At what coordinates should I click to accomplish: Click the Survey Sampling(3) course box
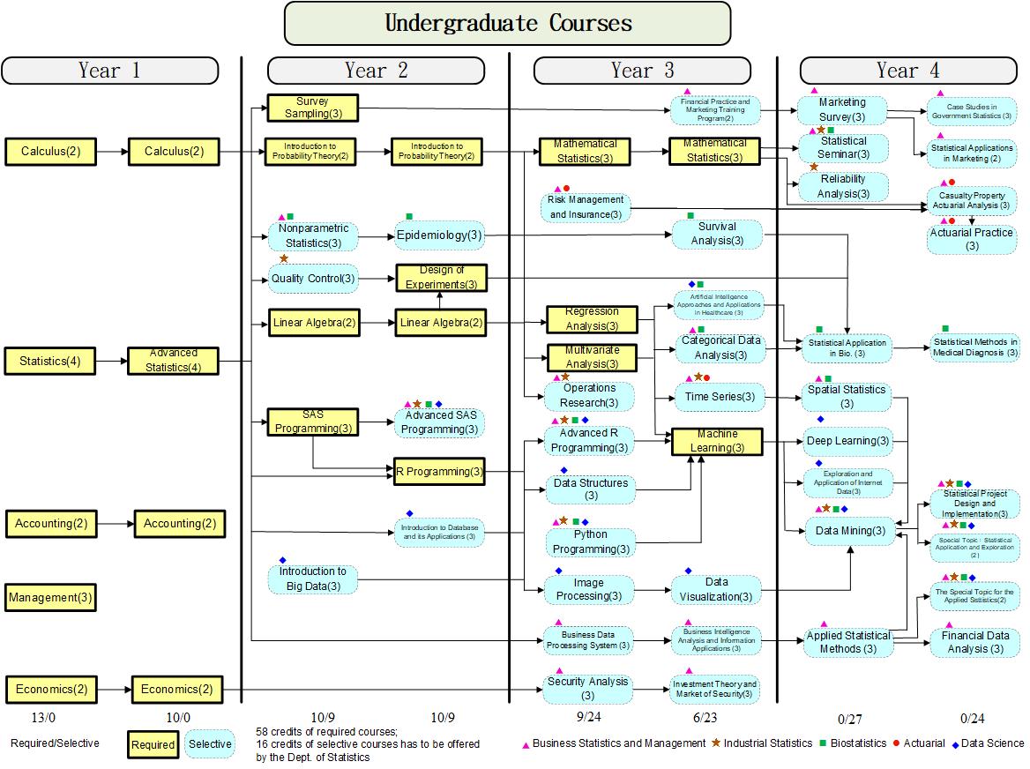pos(312,108)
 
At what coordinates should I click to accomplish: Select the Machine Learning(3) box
pos(716,441)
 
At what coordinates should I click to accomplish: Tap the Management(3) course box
pos(50,598)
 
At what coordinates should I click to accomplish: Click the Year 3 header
pos(642,71)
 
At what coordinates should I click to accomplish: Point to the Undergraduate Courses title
pos(507,23)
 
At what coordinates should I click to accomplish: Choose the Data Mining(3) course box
pos(850,531)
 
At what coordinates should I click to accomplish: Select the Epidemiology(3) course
pos(439,235)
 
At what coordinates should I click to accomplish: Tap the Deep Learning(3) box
pos(847,440)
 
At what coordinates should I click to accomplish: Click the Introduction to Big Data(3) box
pos(313,579)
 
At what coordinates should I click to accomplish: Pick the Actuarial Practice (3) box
pos(972,239)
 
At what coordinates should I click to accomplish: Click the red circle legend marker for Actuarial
pos(897,743)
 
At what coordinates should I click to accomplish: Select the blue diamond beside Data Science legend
pos(955,743)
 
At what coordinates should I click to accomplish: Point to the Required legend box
pos(153,744)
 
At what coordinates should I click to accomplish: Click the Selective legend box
pos(210,743)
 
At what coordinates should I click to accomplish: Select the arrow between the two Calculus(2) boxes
pos(112,152)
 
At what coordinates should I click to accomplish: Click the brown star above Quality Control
pos(284,258)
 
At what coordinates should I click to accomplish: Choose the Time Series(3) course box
pos(720,397)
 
